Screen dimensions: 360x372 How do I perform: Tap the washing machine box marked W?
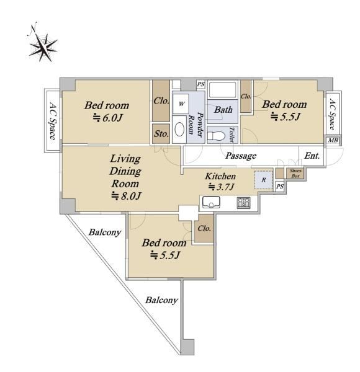click(181, 104)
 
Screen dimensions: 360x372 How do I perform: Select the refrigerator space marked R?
click(263, 180)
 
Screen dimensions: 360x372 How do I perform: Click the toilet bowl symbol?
click(216, 136)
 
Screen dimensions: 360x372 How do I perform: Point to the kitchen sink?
click(211, 202)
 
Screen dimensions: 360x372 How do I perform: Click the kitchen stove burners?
click(244, 203)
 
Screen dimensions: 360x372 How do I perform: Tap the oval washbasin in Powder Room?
click(179, 130)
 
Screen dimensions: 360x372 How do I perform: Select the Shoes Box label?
click(295, 174)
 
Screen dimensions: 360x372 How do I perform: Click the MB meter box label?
click(333, 141)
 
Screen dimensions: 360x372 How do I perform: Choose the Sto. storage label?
click(161, 134)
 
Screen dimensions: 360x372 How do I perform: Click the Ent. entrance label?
click(312, 156)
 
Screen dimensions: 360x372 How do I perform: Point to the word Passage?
click(241, 156)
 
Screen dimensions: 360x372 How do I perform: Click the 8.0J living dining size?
click(127, 196)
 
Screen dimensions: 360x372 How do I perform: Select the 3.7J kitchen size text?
click(221, 187)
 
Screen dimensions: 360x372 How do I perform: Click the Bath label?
click(223, 110)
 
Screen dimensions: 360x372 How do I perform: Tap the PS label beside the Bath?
click(200, 84)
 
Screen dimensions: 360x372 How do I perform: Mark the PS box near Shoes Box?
click(280, 187)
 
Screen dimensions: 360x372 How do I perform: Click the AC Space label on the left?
click(53, 121)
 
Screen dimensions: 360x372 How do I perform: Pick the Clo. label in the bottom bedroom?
click(204, 228)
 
